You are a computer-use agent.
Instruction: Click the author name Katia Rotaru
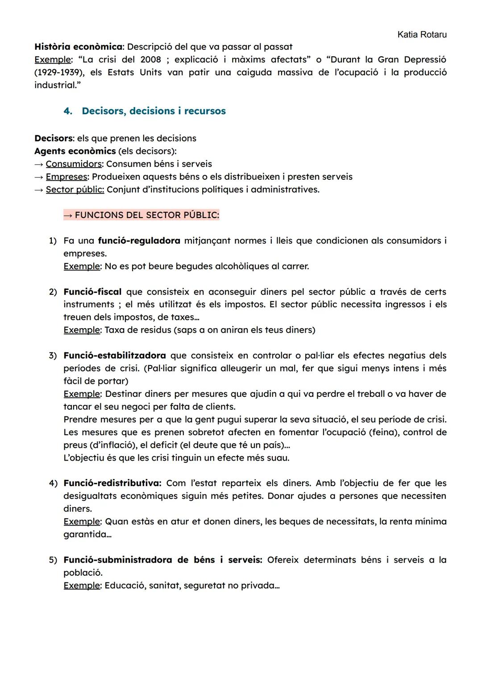421,34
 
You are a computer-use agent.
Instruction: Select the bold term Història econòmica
78,47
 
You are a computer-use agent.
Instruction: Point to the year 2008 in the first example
151,60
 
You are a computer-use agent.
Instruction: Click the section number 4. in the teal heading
68,111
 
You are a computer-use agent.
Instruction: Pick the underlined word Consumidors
74,164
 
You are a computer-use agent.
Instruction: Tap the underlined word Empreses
66,177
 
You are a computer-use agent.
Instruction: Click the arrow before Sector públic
39,190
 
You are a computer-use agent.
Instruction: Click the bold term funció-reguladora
139,241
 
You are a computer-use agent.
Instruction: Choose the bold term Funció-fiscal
92,292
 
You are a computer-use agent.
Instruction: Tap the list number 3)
53,356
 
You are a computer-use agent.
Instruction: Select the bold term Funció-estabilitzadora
115,356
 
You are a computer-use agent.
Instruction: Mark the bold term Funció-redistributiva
112,483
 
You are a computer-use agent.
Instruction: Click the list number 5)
53,560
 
